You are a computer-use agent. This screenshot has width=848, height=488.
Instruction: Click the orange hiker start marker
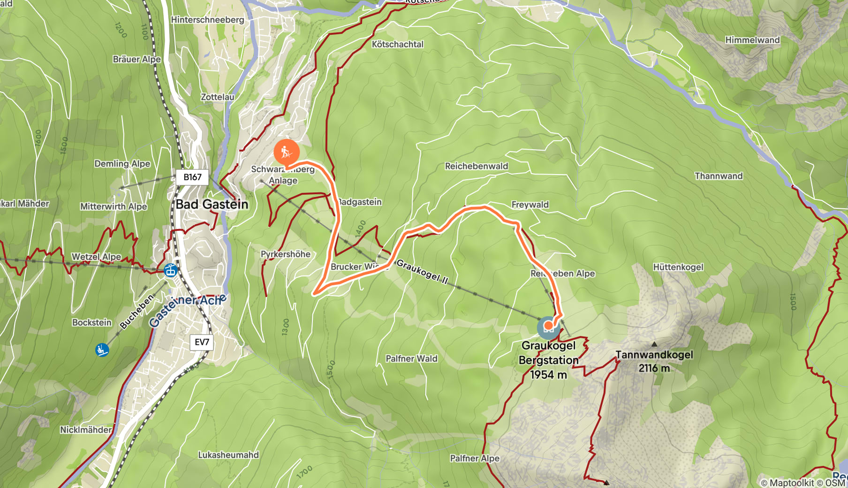(286, 152)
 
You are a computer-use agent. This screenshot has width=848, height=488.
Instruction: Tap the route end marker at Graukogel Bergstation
(548, 326)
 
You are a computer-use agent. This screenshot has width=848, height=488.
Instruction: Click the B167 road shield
(192, 177)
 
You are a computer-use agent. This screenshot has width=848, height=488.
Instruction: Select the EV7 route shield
(202, 342)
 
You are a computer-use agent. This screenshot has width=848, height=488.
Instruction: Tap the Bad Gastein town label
(212, 205)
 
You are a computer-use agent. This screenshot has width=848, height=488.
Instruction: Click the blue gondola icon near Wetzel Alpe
(170, 270)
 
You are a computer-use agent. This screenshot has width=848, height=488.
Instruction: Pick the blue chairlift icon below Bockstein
(102, 350)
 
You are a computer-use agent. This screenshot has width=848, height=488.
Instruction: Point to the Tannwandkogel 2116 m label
(654, 361)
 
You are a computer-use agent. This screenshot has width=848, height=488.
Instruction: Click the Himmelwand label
(752, 40)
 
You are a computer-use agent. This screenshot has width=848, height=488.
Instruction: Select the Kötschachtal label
(397, 45)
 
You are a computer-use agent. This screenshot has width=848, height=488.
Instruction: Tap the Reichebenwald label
(476, 166)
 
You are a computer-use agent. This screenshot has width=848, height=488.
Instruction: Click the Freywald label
(530, 205)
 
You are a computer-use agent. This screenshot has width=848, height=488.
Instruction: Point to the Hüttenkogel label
(678, 267)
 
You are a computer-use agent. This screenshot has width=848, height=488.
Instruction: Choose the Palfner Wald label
(411, 358)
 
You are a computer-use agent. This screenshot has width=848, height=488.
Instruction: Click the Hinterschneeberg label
(207, 20)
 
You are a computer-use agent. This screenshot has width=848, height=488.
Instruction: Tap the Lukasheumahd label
(228, 455)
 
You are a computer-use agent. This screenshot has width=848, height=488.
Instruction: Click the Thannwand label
(718, 176)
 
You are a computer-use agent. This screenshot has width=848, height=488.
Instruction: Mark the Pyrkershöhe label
(285, 254)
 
